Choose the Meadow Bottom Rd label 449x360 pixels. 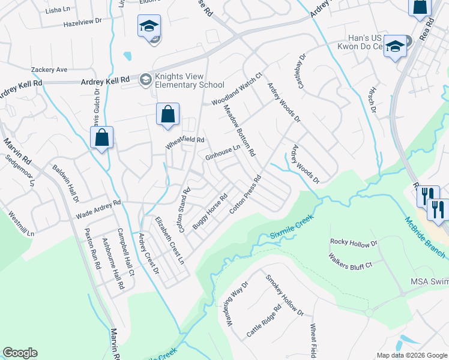pos(240,130)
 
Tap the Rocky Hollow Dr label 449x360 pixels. pos(354,242)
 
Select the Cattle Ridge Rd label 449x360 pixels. pos(264,322)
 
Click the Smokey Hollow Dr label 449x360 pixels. pos(285,295)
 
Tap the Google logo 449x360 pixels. pos(20,353)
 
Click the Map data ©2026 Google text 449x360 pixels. pos(411,355)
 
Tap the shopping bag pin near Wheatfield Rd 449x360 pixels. pos(168,113)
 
